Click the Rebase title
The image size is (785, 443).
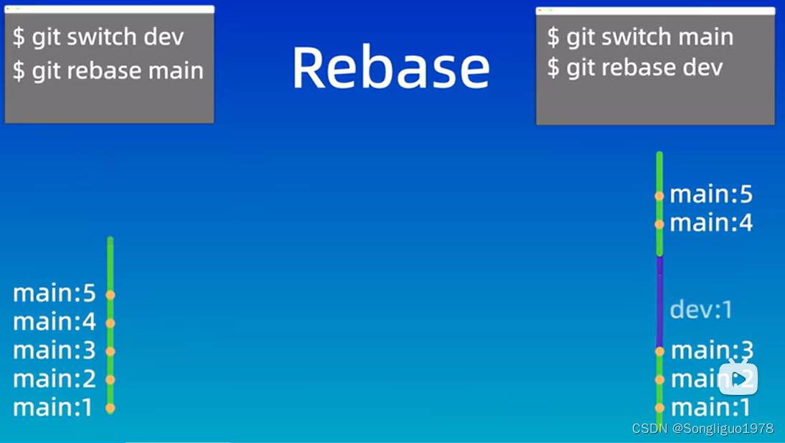[390, 67]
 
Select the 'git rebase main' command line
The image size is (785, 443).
[108, 70]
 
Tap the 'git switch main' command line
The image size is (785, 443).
[640, 37]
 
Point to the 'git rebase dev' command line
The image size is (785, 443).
[634, 68]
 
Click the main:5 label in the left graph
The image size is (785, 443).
[55, 294]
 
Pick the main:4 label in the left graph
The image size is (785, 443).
[55, 322]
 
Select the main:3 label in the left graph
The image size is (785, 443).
[55, 350]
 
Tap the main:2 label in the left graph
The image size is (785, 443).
[55, 379]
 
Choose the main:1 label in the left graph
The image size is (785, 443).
[53, 408]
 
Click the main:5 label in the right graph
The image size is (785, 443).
[711, 195]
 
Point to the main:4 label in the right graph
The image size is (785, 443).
[711, 223]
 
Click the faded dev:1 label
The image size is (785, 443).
[701, 309]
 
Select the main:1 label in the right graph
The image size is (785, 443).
[710, 408]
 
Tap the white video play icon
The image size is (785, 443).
[738, 378]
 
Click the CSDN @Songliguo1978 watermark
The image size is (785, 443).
[702, 429]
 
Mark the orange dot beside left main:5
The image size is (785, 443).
[110, 294]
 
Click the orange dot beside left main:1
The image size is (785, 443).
[110, 408]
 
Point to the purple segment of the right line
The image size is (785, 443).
[659, 302]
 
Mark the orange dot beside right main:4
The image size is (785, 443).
[659, 224]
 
